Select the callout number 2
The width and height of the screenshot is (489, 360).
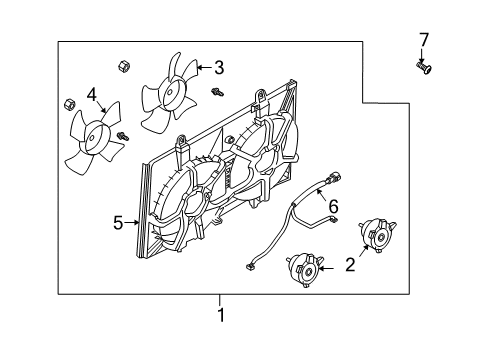coord(349,265)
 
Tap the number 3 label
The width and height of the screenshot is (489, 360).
coord(218,68)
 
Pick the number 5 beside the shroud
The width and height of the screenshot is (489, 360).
coord(118,222)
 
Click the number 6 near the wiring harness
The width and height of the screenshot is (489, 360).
coord(334,207)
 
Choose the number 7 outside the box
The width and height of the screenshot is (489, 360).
coord(423,39)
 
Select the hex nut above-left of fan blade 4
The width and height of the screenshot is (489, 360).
coord(69,104)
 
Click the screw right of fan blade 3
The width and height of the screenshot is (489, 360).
coord(216,94)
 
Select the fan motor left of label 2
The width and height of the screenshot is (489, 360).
coord(307,270)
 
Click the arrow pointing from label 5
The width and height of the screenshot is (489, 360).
coord(132,222)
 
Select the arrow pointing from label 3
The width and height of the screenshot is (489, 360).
coord(202,68)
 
